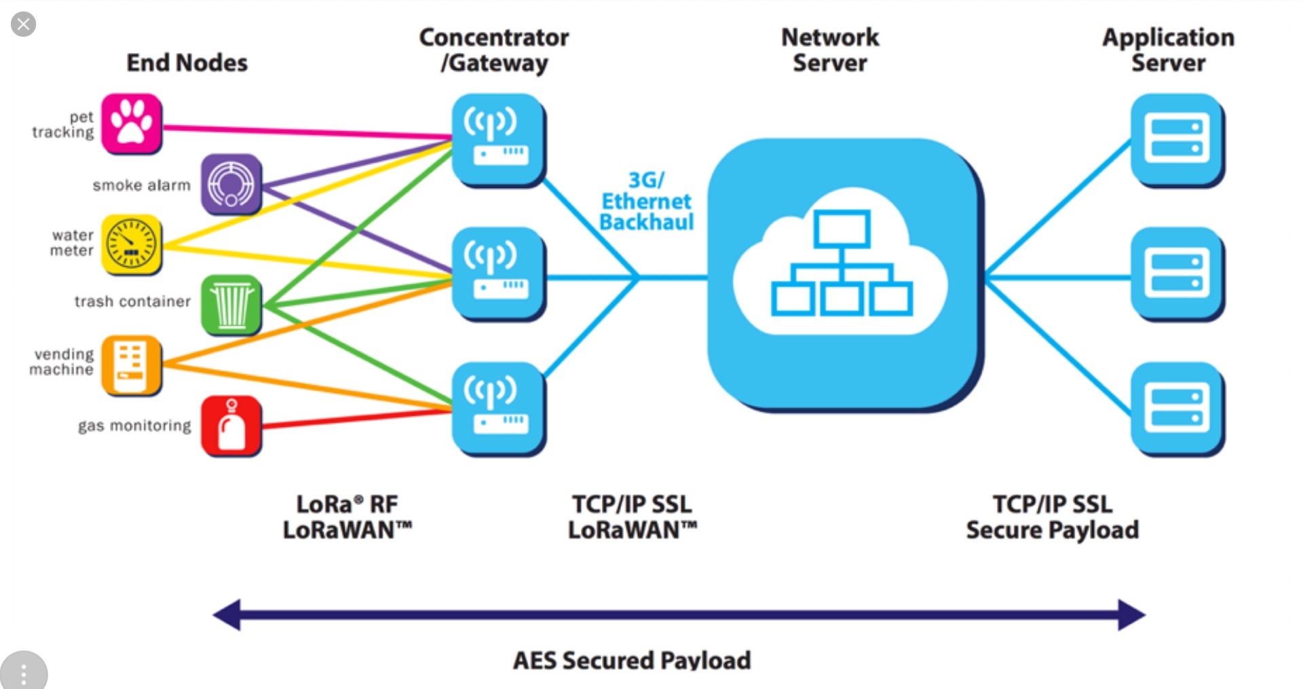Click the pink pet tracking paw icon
(x=132, y=124)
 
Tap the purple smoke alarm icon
(x=231, y=184)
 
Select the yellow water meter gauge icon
(x=132, y=244)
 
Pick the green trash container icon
(x=231, y=305)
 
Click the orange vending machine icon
(x=132, y=365)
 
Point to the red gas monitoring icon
(x=231, y=426)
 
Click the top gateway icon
(x=499, y=140)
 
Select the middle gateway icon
(x=499, y=274)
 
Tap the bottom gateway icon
(x=499, y=409)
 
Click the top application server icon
(x=1177, y=140)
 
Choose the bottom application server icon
(x=1177, y=409)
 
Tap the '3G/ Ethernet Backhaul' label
(x=646, y=201)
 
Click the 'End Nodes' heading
(x=187, y=62)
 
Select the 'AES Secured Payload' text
(x=632, y=660)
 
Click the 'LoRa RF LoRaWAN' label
(x=347, y=517)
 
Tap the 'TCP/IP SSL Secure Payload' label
(x=1053, y=517)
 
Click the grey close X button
(x=23, y=24)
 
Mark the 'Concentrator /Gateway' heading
(x=494, y=50)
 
